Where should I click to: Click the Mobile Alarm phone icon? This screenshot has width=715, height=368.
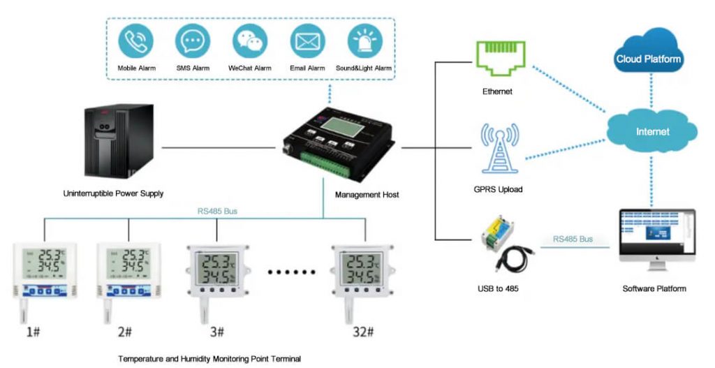pos(135,41)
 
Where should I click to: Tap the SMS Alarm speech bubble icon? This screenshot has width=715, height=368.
pos(192,41)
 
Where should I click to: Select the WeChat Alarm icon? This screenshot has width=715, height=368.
pos(249,41)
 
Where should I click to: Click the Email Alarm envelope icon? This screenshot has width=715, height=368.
pos(307,41)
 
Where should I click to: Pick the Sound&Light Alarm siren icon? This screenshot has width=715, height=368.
pos(364,41)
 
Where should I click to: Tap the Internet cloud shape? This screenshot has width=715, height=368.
pos(652,131)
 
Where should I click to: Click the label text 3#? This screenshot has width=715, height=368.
pos(217,332)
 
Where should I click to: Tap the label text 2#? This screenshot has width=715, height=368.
pos(126,332)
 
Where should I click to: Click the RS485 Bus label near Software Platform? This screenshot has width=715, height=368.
pos(573,239)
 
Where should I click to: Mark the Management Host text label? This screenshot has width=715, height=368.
pos(367,195)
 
